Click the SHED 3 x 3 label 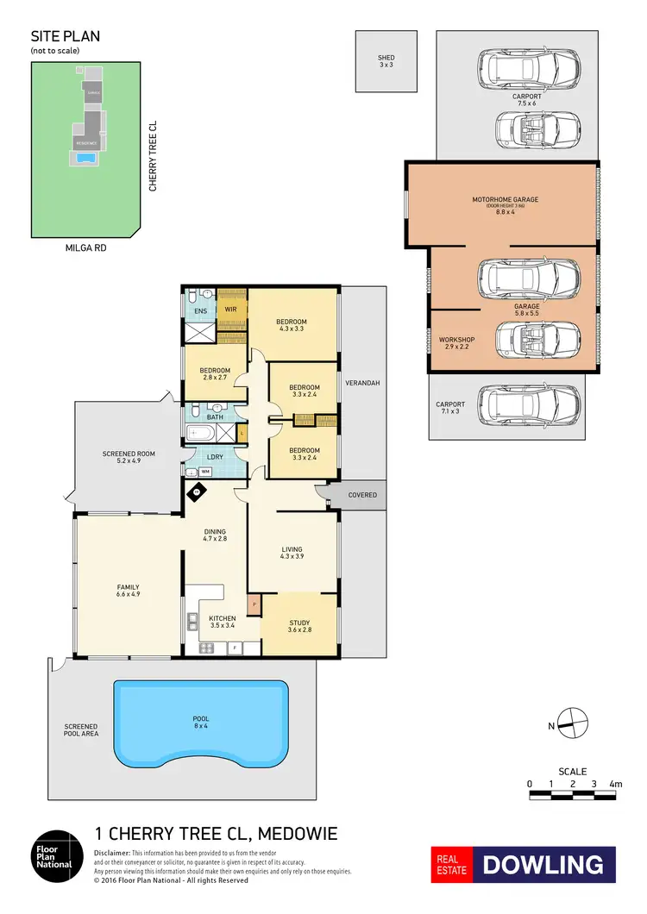(x=386, y=61)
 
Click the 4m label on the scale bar (x=615, y=784)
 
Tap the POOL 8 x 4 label (x=201, y=722)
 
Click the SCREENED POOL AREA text (x=80, y=731)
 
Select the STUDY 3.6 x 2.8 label (x=298, y=626)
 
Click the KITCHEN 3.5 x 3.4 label (x=223, y=621)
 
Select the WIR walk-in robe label (x=231, y=310)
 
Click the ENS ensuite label (x=200, y=310)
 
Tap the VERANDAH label (x=362, y=382)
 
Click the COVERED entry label (x=362, y=496)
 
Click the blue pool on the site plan (x=85, y=159)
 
